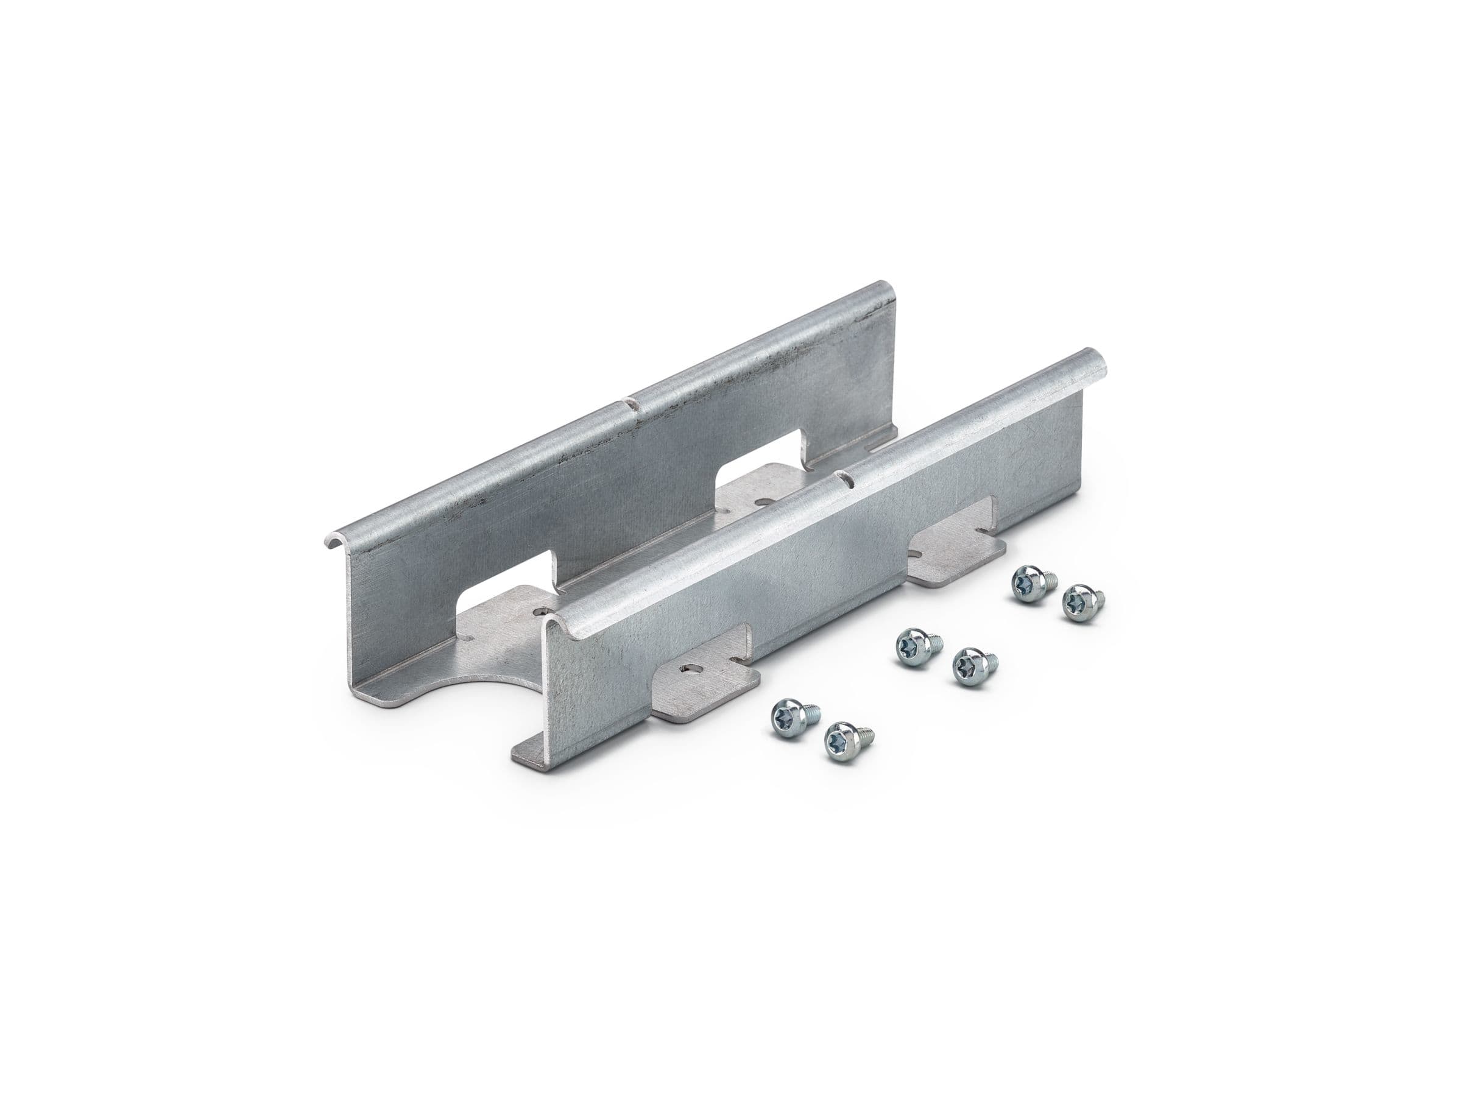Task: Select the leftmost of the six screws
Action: (x=791, y=716)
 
